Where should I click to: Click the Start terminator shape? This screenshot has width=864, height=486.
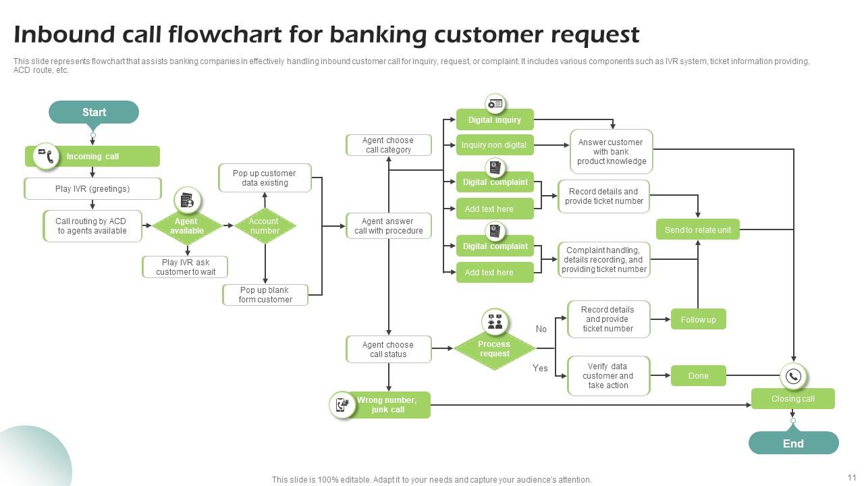[x=94, y=112]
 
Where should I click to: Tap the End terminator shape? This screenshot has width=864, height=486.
[x=793, y=443]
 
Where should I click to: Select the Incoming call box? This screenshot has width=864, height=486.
[x=92, y=157]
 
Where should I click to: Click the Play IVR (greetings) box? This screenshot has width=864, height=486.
[x=92, y=189]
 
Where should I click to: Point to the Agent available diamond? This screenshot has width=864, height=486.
[x=186, y=226]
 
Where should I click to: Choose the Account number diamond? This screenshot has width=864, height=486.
[x=265, y=226]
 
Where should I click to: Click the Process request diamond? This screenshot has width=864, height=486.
[x=494, y=349]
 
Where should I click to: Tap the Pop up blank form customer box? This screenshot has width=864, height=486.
[x=265, y=295]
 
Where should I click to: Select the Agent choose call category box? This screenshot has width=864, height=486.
[x=388, y=145]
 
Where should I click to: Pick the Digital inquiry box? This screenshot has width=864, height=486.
[x=495, y=120]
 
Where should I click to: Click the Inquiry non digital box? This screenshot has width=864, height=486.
[x=495, y=145]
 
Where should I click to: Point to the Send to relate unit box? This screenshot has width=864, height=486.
[x=698, y=230]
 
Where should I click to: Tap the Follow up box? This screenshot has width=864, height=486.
[x=698, y=319]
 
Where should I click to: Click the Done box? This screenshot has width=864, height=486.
[x=698, y=376]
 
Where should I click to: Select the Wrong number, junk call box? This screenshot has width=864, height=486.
[x=387, y=405]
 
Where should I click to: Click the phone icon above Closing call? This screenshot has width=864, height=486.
[x=793, y=376]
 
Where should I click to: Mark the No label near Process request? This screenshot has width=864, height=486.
[x=541, y=329]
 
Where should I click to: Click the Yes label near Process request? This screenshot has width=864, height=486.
[x=540, y=368]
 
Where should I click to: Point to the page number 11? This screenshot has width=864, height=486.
[x=851, y=477]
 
